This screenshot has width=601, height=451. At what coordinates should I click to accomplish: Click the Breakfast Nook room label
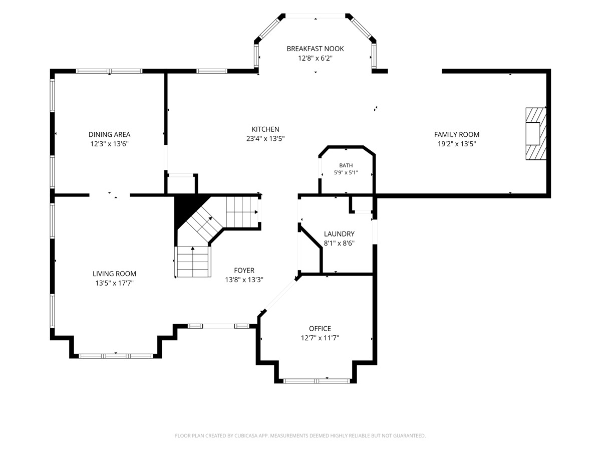coord(315,49)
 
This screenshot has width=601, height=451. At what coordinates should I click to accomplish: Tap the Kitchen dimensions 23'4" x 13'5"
coord(265,139)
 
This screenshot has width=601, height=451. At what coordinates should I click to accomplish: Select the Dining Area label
coord(109,134)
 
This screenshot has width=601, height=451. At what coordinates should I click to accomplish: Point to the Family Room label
coord(457,134)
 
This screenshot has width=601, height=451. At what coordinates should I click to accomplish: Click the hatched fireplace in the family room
coord(536,134)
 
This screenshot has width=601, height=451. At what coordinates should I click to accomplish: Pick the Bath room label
coord(346,165)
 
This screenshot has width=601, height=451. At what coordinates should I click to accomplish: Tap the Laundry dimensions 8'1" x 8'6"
coord(339,243)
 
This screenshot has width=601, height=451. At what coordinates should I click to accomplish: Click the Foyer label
coord(244,270)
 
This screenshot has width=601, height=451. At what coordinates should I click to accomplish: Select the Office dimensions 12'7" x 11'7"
coord(320,338)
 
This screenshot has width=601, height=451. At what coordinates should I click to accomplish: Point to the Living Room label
coord(114,274)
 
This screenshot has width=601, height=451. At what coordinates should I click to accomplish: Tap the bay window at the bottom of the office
coord(317,381)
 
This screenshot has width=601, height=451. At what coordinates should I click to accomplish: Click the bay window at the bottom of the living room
coord(116,356)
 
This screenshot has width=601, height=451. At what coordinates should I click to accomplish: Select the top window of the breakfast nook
coord(315,16)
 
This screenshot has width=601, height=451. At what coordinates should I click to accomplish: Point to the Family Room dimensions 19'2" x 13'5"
coord(457,144)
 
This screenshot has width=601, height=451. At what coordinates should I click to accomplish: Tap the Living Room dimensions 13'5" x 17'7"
coord(114,283)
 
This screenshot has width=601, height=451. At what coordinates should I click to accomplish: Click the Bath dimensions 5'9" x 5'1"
coord(346,172)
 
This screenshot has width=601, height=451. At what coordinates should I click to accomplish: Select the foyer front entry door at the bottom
coord(218,326)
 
